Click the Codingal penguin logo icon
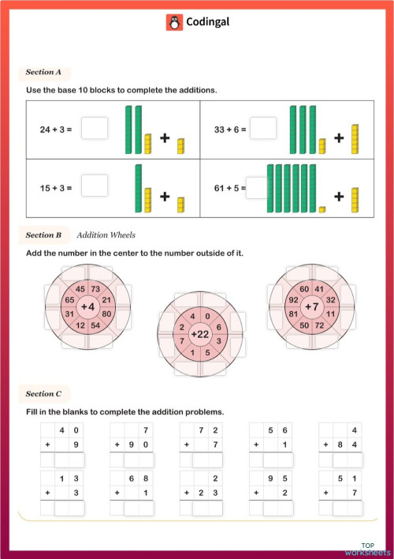[174, 22]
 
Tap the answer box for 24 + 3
[94, 128]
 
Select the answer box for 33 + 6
[263, 128]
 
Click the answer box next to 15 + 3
[94, 186]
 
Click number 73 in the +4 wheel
[96, 288]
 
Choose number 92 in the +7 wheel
[292, 300]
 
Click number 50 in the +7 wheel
[303, 325]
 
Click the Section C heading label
[43, 393]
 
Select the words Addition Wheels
[106, 235]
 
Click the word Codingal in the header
[207, 22]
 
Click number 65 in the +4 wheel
[69, 300]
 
